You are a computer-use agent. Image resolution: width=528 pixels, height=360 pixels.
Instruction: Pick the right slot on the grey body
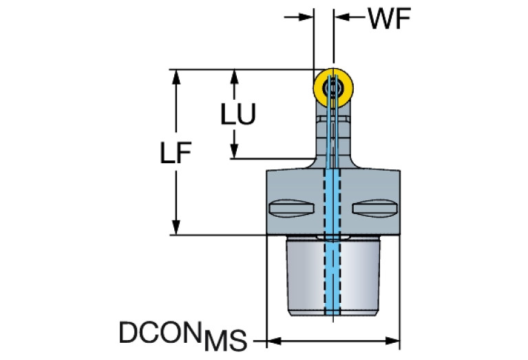(374, 207)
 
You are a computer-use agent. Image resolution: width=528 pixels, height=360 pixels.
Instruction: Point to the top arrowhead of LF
(178, 76)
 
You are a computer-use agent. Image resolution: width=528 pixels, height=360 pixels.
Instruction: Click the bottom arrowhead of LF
(178, 228)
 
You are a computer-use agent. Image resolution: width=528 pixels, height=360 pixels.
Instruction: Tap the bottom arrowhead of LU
(235, 152)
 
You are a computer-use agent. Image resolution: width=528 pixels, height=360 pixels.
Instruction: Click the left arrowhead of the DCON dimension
(272, 340)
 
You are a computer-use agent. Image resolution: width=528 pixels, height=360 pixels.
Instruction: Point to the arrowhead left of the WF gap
(309, 18)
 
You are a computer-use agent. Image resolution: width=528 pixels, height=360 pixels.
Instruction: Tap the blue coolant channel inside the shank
(333, 275)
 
